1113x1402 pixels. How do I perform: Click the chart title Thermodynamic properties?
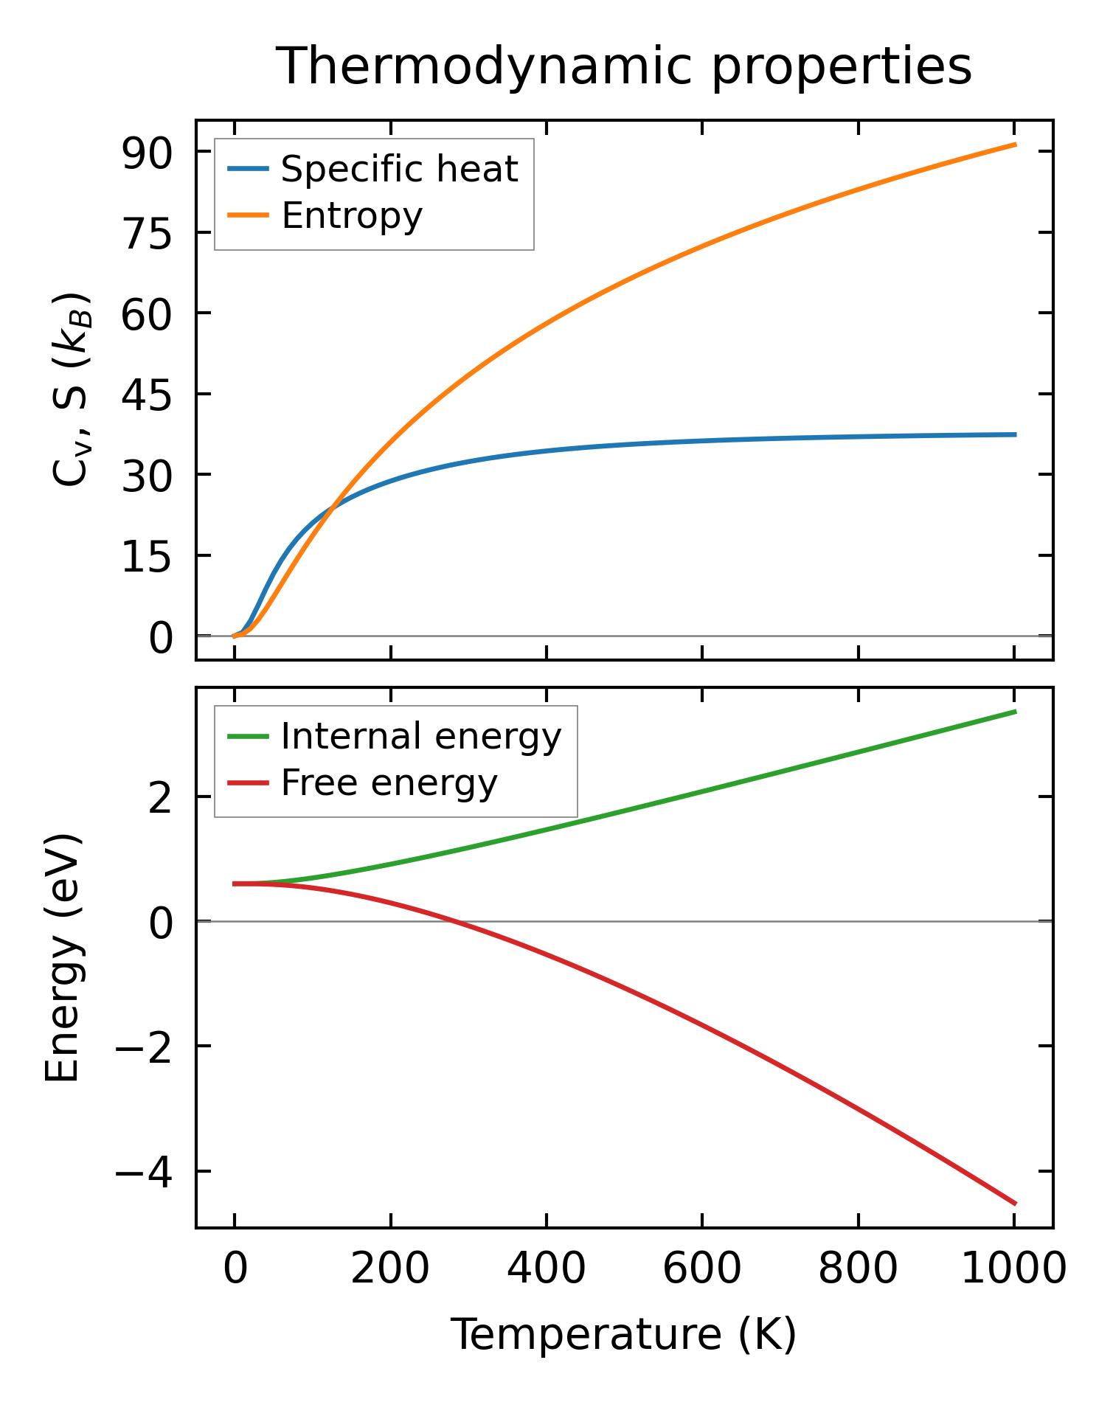click(624, 66)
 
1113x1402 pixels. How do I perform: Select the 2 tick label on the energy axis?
click(160, 798)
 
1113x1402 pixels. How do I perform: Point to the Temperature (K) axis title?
click(624, 1334)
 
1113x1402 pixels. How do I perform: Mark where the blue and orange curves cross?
click(333, 506)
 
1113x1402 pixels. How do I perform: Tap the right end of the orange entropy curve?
click(1016, 145)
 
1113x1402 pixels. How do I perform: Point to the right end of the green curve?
click(1016, 711)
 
